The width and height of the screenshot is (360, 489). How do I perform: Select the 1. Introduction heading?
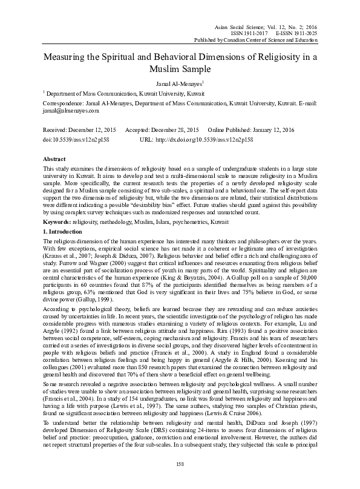(64, 215)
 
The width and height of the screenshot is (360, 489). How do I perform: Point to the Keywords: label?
(56, 206)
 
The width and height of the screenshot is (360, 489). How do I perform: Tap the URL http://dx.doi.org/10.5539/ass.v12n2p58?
(205, 139)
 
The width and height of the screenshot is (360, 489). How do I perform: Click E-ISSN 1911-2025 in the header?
(296, 33)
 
